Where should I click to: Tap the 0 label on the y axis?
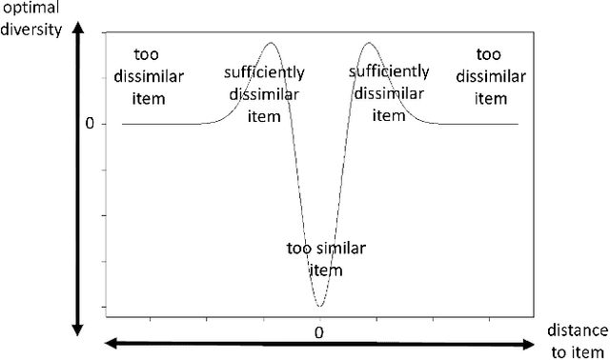90,124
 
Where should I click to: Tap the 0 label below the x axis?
320,331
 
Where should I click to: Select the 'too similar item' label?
320,259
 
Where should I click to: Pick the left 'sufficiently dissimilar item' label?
260,94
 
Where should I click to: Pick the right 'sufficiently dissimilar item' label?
388,93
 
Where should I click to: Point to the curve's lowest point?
320,306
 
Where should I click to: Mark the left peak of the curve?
272,43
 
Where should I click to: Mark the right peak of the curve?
368,43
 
